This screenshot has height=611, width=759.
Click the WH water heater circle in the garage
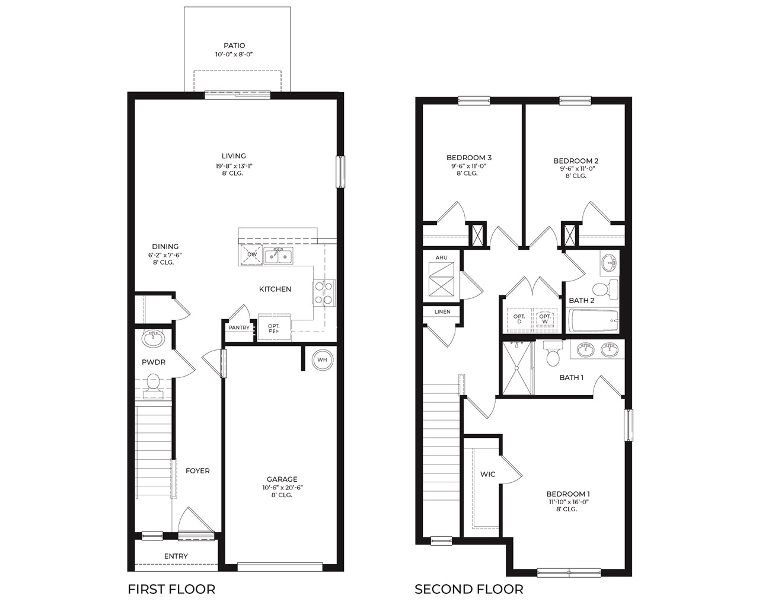click(322, 359)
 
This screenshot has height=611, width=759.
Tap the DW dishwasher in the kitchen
click(251, 255)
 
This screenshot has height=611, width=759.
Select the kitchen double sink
click(278, 256)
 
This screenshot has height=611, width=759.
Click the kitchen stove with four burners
click(324, 292)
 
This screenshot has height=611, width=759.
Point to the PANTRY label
click(239, 327)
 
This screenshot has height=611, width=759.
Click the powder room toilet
click(153, 383)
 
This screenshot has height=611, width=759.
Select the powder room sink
click(154, 339)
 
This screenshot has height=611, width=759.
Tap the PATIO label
click(234, 46)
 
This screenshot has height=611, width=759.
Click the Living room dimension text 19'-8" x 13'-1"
click(235, 166)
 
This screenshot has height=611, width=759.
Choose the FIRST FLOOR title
click(171, 589)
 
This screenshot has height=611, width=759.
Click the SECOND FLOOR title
click(468, 589)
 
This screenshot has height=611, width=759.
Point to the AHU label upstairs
click(441, 258)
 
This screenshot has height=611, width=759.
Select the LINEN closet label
click(442, 311)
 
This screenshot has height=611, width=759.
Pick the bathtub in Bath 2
click(594, 322)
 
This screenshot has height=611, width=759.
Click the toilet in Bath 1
click(553, 355)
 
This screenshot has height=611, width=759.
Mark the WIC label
click(487, 475)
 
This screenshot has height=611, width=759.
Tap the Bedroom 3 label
click(468, 158)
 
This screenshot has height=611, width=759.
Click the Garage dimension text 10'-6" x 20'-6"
click(282, 488)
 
